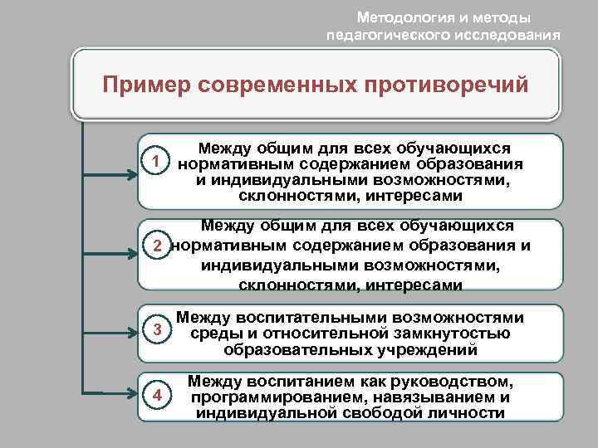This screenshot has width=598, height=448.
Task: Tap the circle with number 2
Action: (x=155, y=246)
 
